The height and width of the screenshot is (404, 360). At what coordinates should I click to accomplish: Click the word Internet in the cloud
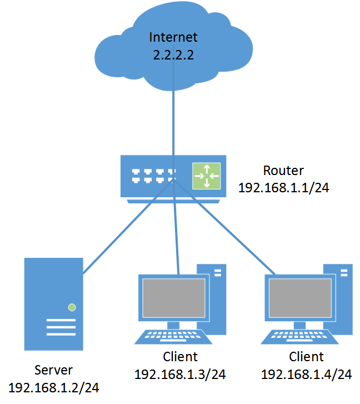pos(173,38)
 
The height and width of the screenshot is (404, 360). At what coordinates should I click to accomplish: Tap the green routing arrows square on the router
pos(207,176)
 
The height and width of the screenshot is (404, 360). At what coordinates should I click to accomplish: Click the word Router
pos(283,170)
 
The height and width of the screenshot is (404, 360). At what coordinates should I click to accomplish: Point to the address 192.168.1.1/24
pos(284,188)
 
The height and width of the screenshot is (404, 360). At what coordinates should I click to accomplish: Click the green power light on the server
pos(72,307)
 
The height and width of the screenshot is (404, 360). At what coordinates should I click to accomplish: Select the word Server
pos(53,370)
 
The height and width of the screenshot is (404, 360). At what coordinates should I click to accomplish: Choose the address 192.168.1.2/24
pos(54,387)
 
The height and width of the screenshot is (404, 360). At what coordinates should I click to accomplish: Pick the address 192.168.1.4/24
pos(307,374)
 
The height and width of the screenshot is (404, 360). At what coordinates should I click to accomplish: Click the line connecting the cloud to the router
pos(173,122)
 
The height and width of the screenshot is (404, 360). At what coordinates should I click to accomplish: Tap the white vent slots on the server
pos(61,327)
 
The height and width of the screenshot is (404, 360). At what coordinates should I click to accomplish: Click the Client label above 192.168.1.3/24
pos(180,356)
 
